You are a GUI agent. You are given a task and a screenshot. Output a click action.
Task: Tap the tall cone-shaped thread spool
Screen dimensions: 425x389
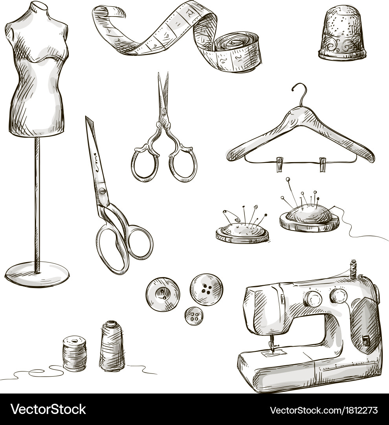112,346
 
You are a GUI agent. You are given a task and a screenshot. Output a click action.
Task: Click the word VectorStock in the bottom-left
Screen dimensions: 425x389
49,409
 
